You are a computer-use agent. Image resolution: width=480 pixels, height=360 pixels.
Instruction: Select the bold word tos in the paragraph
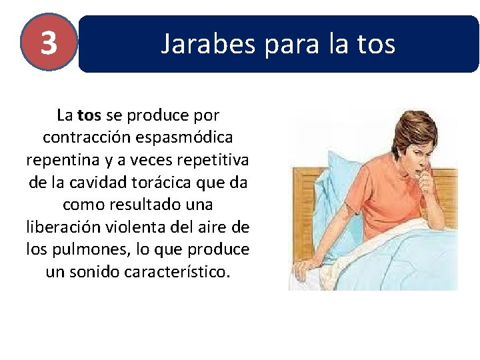(89, 115)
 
